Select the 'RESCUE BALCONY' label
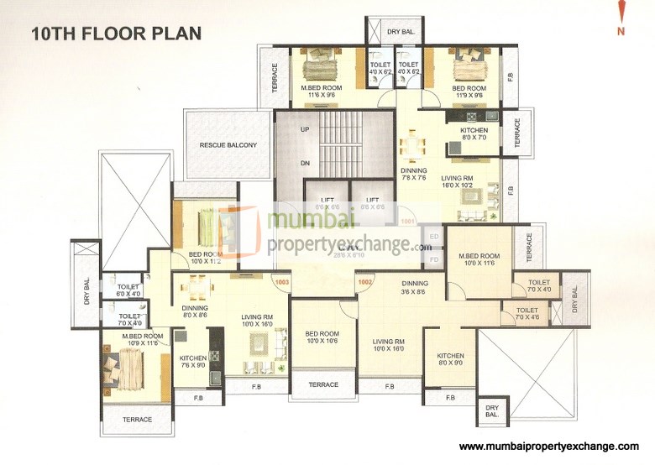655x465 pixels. tap(228, 145)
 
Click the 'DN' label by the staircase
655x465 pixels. tap(305, 164)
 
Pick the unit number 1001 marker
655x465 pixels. tap(408, 222)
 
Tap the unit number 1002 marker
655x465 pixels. tap(364, 283)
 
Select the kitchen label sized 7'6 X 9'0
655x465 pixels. tap(192, 360)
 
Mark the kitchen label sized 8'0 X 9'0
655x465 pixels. tap(449, 358)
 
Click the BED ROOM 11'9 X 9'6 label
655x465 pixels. tap(469, 91)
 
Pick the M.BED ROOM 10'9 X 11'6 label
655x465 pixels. tap(141, 339)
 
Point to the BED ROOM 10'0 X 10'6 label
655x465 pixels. tap(322, 337)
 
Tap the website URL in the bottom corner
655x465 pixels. tap(549, 446)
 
